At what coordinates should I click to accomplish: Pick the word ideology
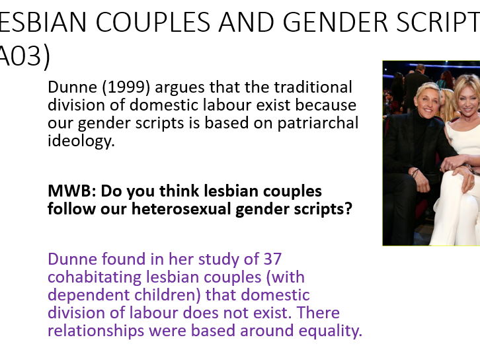(81, 140)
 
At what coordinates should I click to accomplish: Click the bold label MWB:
(66, 191)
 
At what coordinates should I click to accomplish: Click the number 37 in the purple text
(272, 259)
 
